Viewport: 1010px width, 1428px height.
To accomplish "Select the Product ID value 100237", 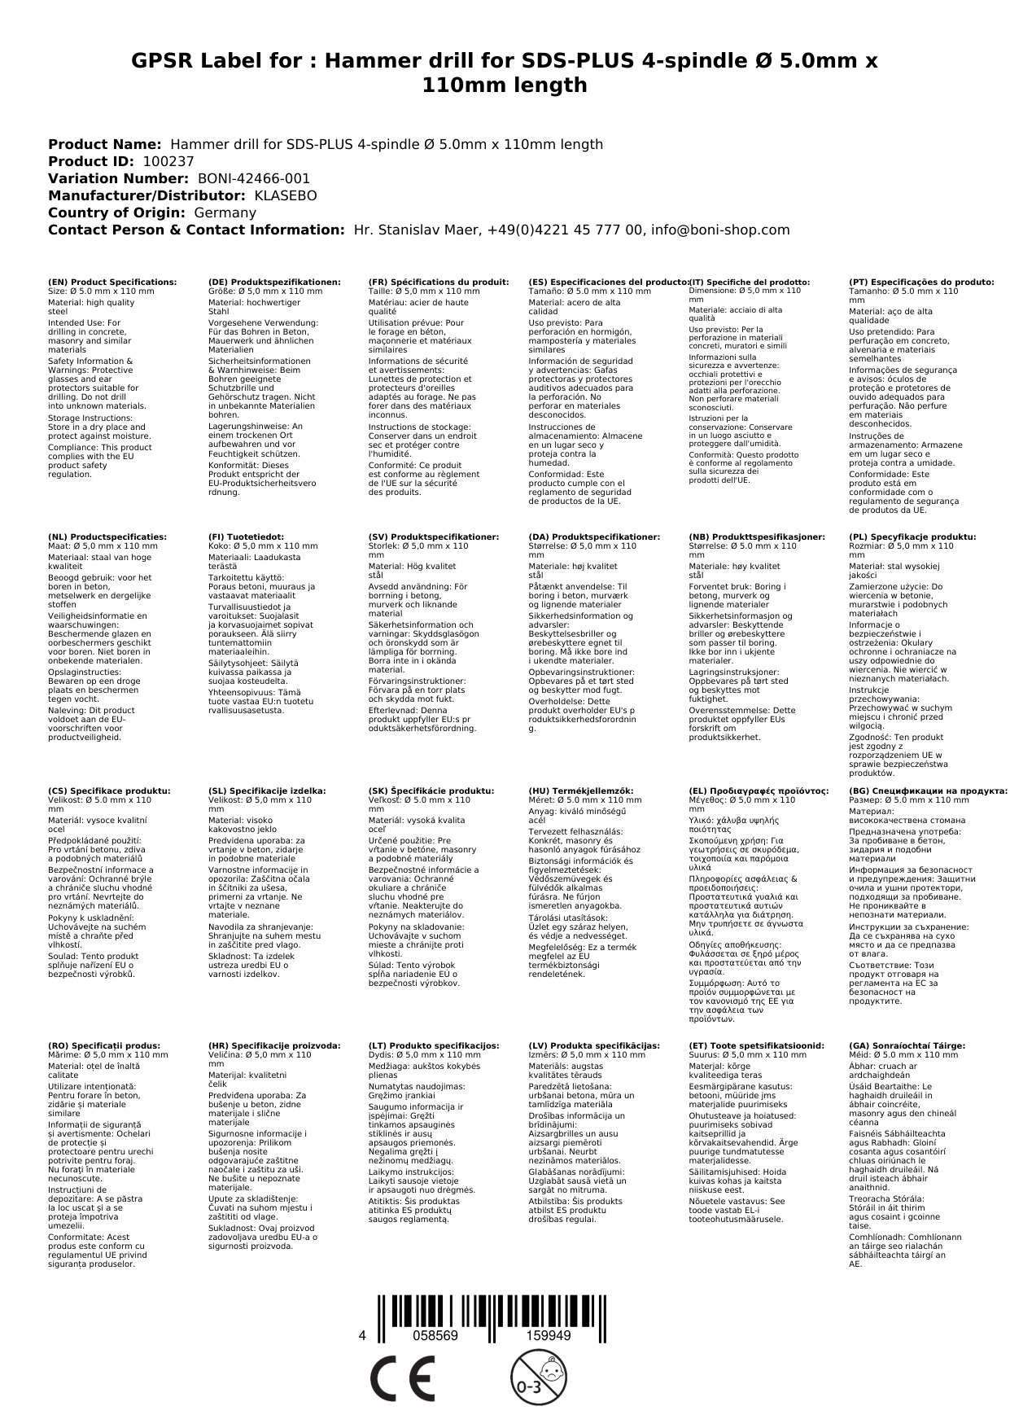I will coord(168,161).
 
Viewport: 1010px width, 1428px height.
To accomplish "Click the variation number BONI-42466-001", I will coord(254,178).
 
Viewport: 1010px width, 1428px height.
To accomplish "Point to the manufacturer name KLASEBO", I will coord(286,195).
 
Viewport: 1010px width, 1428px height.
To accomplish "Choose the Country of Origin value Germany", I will coord(225,212).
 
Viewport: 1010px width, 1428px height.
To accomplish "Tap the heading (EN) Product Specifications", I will coord(112,282).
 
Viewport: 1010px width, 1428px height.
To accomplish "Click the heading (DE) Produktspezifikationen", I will coord(274,282).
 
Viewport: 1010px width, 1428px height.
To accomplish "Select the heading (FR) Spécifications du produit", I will coord(439,282).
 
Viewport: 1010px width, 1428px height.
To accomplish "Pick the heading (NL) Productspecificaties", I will coord(107,537).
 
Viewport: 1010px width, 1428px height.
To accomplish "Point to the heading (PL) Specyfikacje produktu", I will coord(912,537).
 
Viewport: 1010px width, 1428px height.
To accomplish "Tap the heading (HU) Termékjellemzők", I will coord(580,791).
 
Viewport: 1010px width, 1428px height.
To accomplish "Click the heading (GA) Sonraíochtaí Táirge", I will coord(907,1045).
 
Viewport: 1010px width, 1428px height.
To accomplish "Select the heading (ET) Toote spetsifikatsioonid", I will coord(756,1045).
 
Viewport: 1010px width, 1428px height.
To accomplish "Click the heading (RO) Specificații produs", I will coord(104,1045).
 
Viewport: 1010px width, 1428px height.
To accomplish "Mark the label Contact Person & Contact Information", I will coord(196,230).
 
